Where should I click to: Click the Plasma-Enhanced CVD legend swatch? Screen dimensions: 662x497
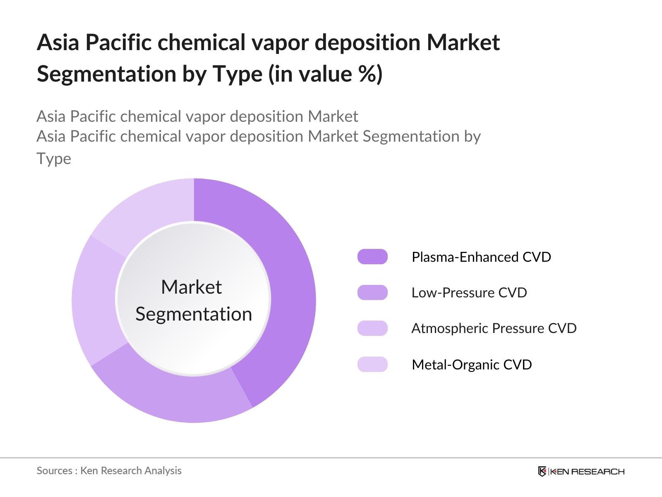(372, 257)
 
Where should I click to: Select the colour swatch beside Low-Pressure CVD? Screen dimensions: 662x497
(372, 292)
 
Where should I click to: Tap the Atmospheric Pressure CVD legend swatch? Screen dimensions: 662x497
(372, 328)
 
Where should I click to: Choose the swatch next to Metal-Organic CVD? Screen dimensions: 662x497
(372, 364)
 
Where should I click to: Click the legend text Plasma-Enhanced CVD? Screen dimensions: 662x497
(481, 257)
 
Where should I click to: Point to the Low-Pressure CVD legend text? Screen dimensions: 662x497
(469, 293)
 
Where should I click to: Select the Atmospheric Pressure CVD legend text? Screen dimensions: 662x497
(494, 328)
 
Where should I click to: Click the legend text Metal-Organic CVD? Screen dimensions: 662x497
(472, 364)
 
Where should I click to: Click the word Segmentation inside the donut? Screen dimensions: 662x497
(194, 314)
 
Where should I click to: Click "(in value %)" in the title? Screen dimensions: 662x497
(326, 74)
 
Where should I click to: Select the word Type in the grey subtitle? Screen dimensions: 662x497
(54, 159)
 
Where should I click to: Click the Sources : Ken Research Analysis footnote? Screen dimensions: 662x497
(109, 471)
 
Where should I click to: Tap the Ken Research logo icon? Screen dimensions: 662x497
(542, 471)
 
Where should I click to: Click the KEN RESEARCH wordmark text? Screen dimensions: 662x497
(587, 472)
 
